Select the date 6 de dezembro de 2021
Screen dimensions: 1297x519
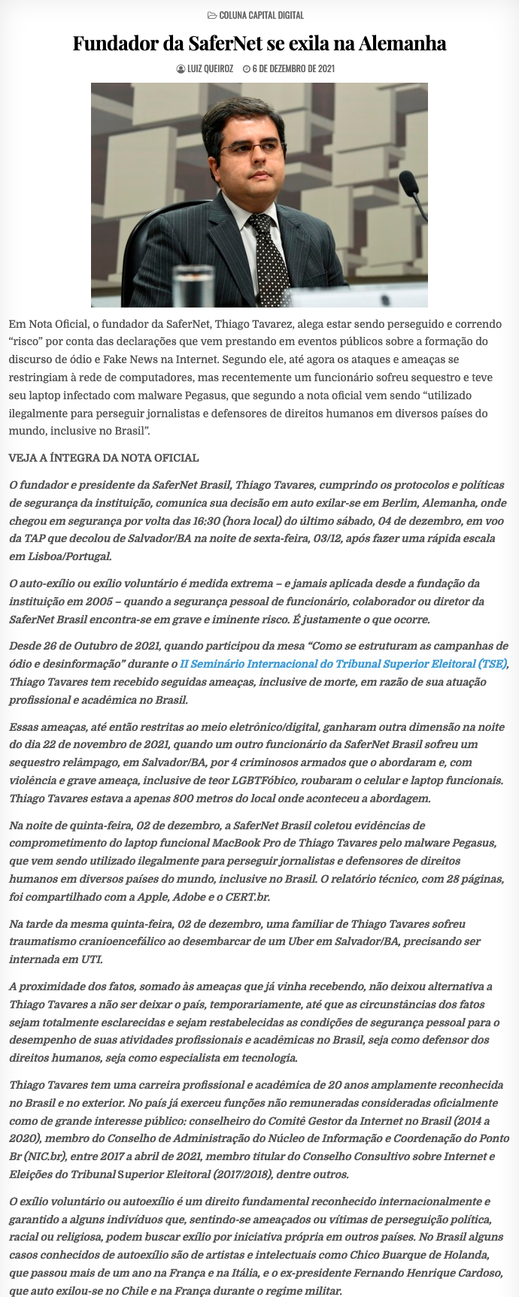pyautogui.click(x=293, y=68)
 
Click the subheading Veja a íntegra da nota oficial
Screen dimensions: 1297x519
pyautogui.click(x=104, y=458)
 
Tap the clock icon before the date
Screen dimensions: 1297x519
pyautogui.click(x=247, y=68)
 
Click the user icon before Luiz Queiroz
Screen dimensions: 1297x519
pyautogui.click(x=181, y=68)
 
